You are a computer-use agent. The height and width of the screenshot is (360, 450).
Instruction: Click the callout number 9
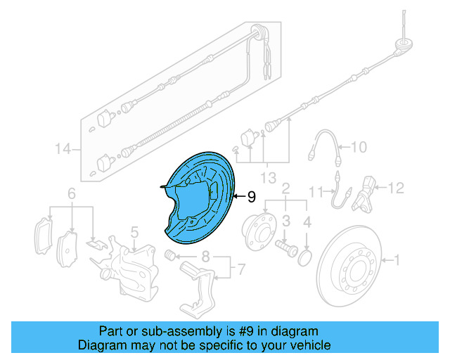[x=252, y=198]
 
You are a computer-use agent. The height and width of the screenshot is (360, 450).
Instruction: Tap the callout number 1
[x=397, y=261]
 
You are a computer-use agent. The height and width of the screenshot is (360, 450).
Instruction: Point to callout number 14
[x=63, y=149]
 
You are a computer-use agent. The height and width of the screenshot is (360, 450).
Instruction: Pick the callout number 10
[x=359, y=147]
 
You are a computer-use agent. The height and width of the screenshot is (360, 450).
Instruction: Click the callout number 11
[x=318, y=190]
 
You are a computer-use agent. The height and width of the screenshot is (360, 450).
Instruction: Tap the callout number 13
[x=269, y=175]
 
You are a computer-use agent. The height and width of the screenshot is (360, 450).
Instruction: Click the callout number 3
[x=286, y=221]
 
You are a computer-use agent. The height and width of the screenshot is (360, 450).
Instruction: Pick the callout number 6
[x=71, y=193]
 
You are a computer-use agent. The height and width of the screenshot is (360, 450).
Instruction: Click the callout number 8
[x=205, y=256]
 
